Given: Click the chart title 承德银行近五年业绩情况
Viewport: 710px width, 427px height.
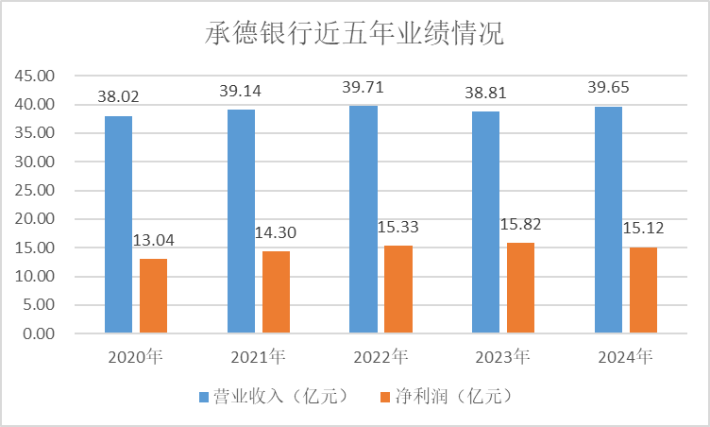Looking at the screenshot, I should click(354, 35).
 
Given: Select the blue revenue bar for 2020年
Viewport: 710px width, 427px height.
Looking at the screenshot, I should click(118, 224).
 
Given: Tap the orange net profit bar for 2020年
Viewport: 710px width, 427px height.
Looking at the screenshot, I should click(153, 296).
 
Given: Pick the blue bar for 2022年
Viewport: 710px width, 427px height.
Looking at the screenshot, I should click(363, 219).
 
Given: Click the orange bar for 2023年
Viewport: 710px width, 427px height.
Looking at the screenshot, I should click(520, 288).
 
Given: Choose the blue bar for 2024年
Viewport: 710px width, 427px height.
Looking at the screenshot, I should click(608, 219).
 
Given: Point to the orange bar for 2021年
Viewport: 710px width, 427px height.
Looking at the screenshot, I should click(276, 292).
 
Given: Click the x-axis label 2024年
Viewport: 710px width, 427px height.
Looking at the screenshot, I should click(626, 357).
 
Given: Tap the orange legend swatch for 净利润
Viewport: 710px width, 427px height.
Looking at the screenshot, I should click(383, 395).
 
